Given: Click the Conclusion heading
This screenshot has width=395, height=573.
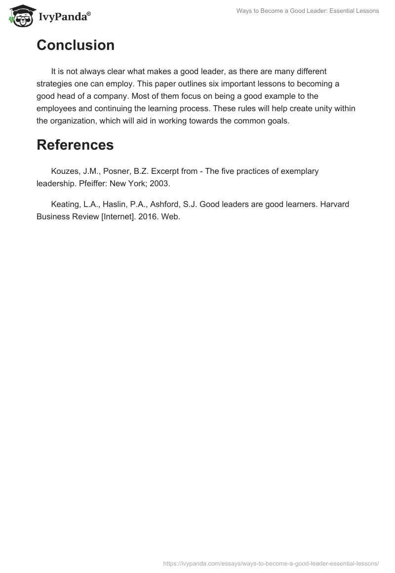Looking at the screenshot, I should [76, 45].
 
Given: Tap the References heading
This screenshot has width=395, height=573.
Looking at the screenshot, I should [75, 145].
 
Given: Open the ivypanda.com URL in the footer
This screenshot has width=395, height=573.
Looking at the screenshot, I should [271, 563].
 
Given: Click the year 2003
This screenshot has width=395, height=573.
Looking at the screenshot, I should [160, 184].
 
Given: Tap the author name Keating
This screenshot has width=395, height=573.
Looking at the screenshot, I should [66, 204].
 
